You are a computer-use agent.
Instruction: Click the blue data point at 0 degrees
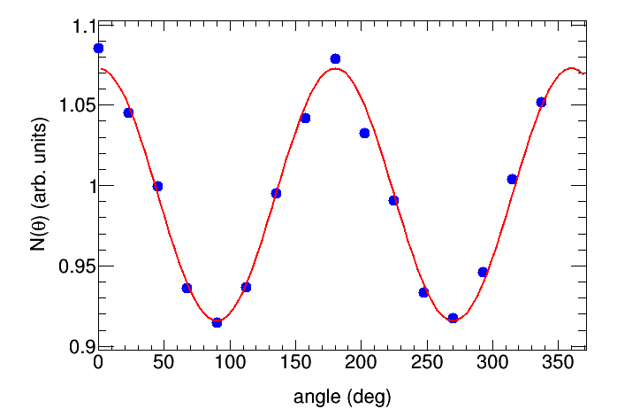tap(98, 48)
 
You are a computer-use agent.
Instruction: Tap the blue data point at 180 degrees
tap(335, 58)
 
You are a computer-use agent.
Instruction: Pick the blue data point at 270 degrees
tap(453, 317)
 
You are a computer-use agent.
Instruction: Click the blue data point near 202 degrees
tap(364, 133)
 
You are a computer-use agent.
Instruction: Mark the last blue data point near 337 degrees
tap(541, 102)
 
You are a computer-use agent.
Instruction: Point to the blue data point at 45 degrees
tap(157, 186)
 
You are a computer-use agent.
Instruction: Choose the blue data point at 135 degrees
tap(276, 193)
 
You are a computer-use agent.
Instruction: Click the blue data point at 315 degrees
tap(512, 179)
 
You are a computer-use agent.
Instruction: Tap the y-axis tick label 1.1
tap(77, 26)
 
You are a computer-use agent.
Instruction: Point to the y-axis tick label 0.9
tap(77, 346)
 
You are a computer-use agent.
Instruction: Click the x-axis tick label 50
tap(164, 363)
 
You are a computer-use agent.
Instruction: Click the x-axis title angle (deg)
tap(342, 396)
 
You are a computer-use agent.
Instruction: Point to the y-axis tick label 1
tap(84, 186)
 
